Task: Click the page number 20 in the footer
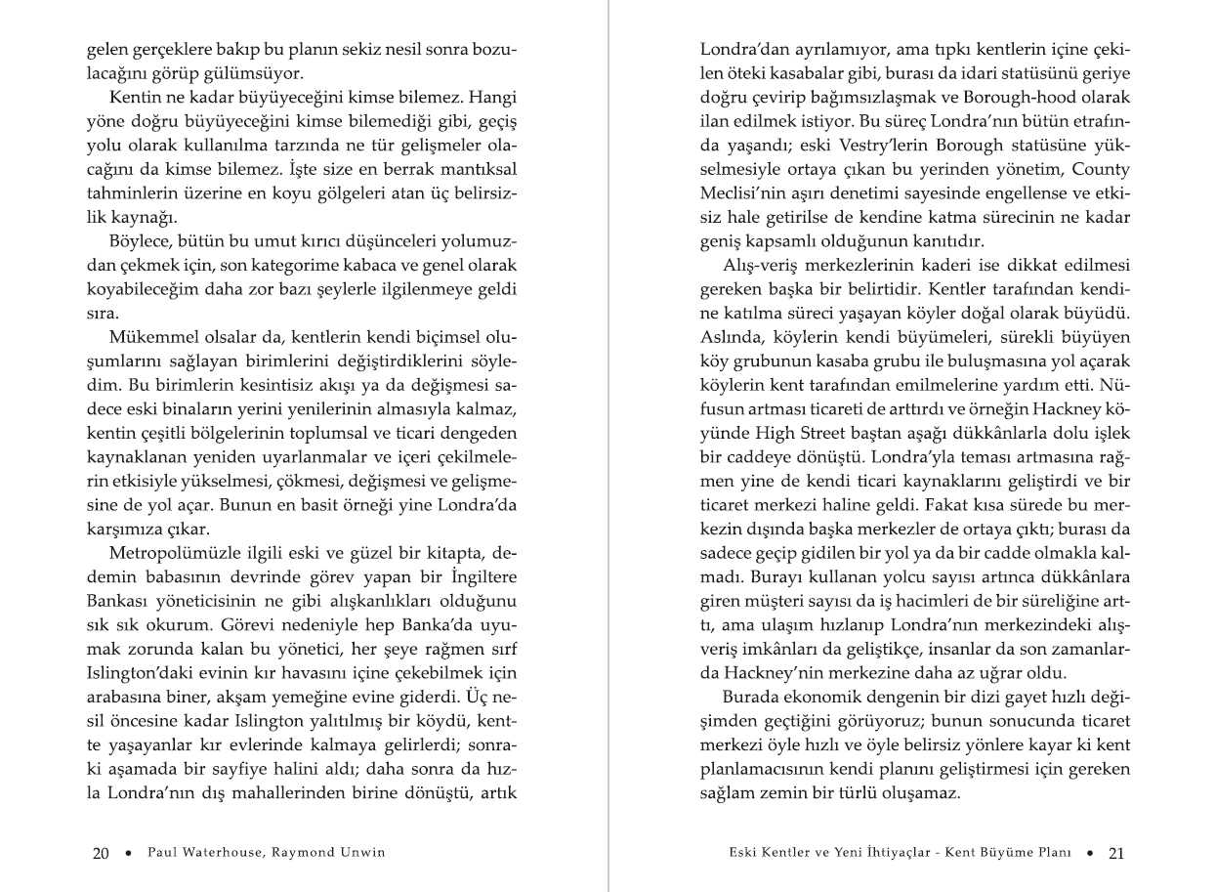[x=100, y=853]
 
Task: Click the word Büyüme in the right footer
[x=993, y=853]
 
